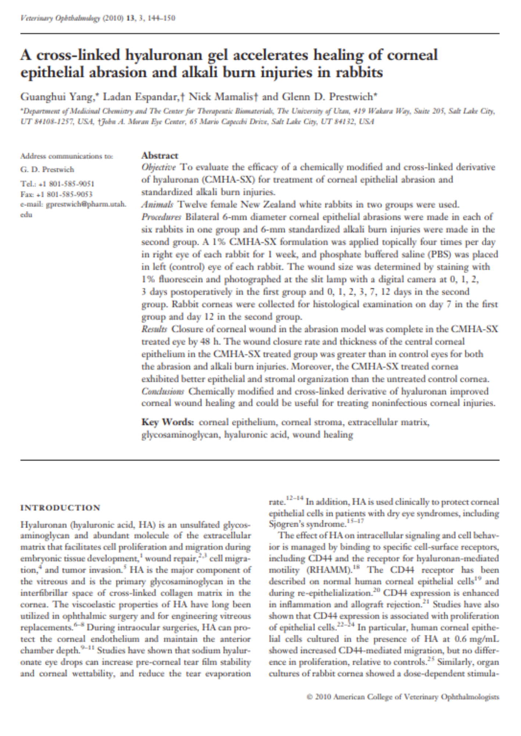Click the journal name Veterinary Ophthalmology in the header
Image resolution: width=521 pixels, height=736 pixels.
[60, 18]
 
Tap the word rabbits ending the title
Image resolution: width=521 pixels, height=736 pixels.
[359, 72]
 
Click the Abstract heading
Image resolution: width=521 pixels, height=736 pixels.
[160, 155]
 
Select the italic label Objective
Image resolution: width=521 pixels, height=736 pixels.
[158, 167]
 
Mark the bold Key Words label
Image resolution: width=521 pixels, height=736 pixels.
[168, 422]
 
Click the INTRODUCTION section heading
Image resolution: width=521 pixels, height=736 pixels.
[60, 508]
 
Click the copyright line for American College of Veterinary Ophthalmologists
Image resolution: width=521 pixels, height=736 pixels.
[403, 697]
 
